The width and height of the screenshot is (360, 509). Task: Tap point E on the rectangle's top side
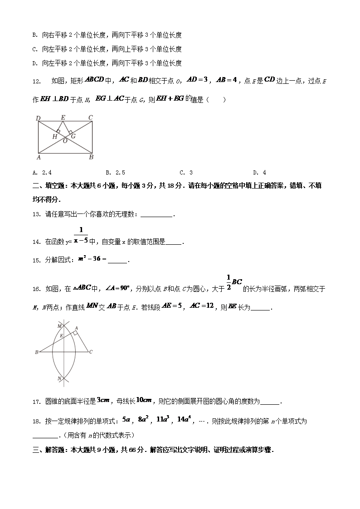tap(63, 118)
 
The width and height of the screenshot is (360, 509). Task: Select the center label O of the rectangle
tap(65, 141)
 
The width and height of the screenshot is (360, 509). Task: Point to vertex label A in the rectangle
tap(39, 157)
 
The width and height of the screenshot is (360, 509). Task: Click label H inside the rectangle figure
tap(54, 136)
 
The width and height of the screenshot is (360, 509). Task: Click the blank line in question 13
tap(157, 215)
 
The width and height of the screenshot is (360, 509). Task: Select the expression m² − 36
tap(92, 259)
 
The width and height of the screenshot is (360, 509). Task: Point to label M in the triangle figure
tap(59, 325)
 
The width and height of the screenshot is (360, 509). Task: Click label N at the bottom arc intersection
tap(59, 378)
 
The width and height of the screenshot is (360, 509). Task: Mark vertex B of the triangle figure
tap(36, 352)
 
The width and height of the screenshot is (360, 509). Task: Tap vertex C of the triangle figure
tap(91, 352)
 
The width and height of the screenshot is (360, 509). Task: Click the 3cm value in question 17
tap(103, 400)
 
